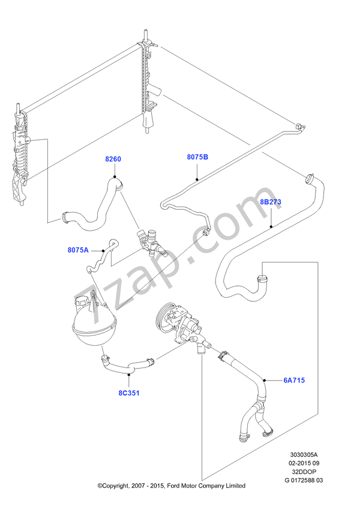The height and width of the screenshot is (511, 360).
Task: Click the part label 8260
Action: [113, 159]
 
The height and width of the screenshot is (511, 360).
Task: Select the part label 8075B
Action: [197, 157]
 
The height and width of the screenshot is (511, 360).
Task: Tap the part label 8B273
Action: [271, 202]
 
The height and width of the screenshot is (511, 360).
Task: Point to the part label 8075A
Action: [78, 250]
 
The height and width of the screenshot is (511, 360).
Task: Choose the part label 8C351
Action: [129, 393]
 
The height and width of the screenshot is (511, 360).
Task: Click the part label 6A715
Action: [294, 380]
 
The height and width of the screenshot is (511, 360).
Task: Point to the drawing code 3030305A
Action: [304, 455]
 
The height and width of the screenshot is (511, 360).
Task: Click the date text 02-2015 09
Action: [304, 463]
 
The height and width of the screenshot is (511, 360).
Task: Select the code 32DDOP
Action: [304, 471]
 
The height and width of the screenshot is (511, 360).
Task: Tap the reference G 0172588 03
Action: [304, 480]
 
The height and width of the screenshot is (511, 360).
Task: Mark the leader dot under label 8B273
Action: [271, 226]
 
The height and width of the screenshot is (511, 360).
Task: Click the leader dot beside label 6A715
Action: [265, 380]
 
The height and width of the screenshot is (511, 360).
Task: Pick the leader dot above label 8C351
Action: [129, 375]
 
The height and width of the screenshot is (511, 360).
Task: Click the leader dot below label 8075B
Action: [197, 180]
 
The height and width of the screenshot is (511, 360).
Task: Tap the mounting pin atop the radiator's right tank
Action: [145, 35]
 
